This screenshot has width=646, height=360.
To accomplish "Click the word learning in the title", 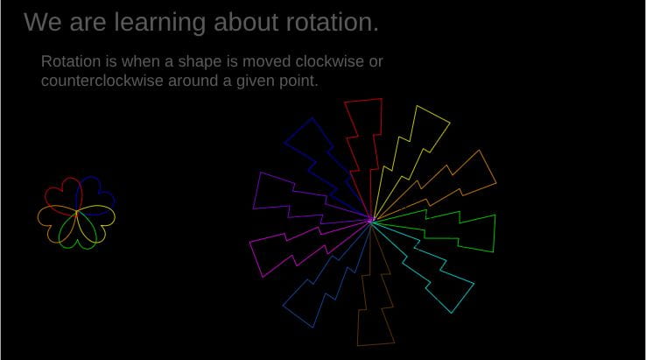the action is point(160,23).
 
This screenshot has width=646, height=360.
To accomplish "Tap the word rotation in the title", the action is point(332,22).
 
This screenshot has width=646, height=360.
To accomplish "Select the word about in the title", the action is point(246,22).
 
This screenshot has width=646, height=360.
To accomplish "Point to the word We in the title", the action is point(42,22).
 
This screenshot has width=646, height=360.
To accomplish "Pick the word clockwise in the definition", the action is point(330,61).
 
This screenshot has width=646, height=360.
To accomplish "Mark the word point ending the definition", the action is point(299,81).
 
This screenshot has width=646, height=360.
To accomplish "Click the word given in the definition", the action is point(256,81).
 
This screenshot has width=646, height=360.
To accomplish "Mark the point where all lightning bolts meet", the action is point(371,221).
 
